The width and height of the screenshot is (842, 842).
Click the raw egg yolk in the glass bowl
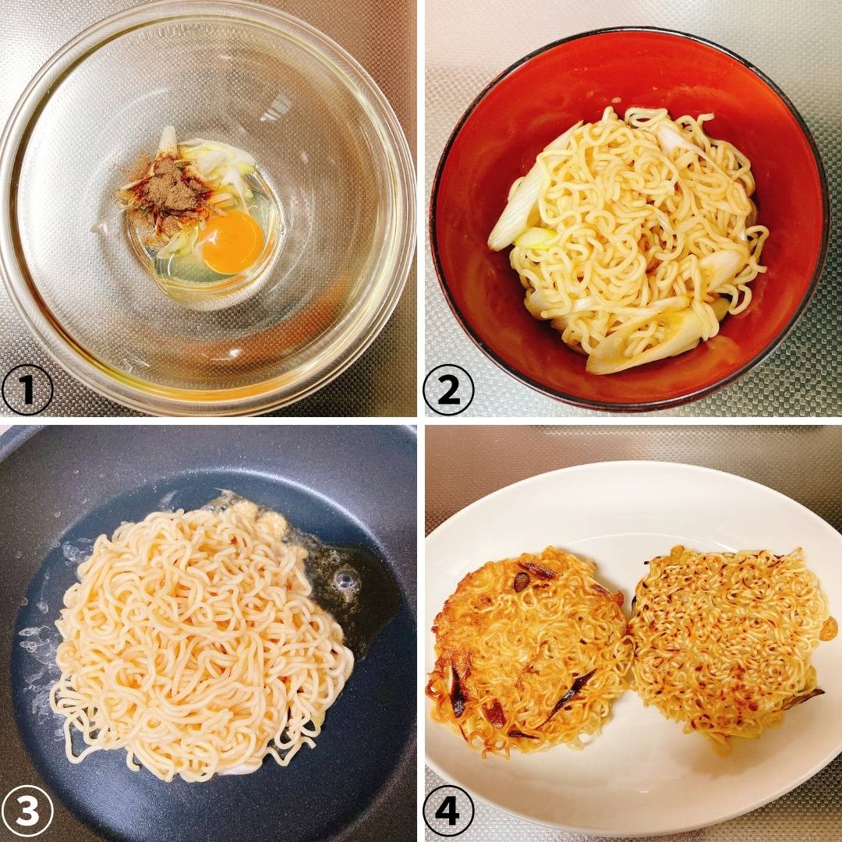pos(232,242)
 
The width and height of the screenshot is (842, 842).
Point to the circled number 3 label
pos(27,811)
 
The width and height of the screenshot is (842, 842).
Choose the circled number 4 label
pos(449,811)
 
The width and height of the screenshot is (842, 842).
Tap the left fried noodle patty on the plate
pos(529,649)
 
